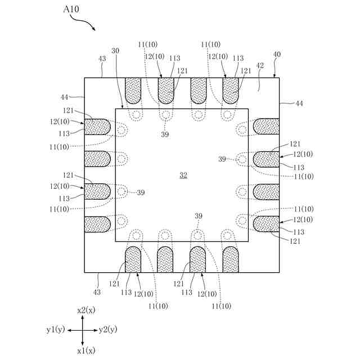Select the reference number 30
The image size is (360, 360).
click(x=115, y=51)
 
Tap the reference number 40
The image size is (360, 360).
click(x=277, y=55)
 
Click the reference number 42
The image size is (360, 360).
click(x=260, y=66)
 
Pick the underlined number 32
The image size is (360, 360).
click(x=183, y=175)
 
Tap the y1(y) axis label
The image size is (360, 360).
click(x=57, y=330)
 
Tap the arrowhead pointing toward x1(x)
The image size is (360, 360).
click(x=83, y=343)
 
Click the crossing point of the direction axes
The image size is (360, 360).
click(x=83, y=330)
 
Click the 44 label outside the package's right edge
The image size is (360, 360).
click(x=299, y=103)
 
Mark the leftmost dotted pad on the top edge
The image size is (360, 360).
click(x=133, y=89)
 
